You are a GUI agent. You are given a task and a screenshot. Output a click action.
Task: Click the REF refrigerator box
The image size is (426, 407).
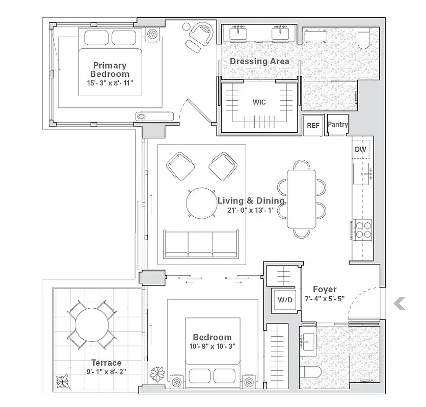click(x=313, y=126)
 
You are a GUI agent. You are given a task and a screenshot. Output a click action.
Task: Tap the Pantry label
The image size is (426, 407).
click(x=338, y=124)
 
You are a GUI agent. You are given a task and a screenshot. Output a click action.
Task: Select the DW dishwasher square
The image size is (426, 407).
click(x=360, y=150)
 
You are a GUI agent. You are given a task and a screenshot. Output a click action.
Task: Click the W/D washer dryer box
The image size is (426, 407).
click(x=285, y=300)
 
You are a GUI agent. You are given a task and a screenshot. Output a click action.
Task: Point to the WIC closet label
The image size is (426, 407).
click(x=259, y=102)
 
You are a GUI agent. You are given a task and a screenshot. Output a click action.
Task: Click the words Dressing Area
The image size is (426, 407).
click(x=259, y=62)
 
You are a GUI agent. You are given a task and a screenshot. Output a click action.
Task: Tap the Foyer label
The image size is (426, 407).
click(x=325, y=289)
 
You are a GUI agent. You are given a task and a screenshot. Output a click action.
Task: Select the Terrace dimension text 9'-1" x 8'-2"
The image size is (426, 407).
click(x=106, y=371)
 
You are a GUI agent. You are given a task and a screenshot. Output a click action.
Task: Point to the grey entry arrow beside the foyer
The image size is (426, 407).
click(x=400, y=304)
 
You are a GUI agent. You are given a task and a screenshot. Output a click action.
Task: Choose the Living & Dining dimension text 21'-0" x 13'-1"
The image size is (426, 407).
click(x=251, y=210)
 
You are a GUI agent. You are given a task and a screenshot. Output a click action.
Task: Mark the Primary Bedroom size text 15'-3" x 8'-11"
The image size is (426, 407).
click(x=110, y=83)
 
